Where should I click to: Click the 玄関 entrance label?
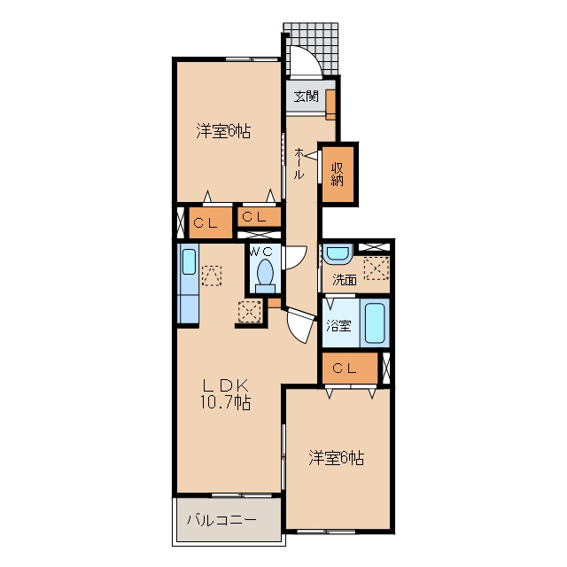(x=306, y=97)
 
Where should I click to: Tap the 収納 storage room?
(x=338, y=174)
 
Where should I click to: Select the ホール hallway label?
(x=299, y=163)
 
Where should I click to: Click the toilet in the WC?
(x=266, y=276)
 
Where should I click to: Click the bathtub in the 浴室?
(x=374, y=322)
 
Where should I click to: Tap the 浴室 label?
(x=338, y=325)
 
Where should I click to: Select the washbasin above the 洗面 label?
(x=338, y=254)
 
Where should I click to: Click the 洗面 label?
(x=345, y=280)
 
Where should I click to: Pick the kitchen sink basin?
(x=189, y=261)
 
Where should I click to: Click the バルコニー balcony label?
(x=221, y=520)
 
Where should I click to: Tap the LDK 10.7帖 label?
(x=225, y=394)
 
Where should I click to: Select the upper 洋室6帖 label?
(x=223, y=131)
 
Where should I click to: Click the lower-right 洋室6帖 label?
(x=337, y=458)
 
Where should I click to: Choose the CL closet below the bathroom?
(x=350, y=369)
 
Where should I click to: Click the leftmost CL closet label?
(x=206, y=223)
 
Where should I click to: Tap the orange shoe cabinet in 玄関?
(x=330, y=105)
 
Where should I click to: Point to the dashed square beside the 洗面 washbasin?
(x=376, y=268)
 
